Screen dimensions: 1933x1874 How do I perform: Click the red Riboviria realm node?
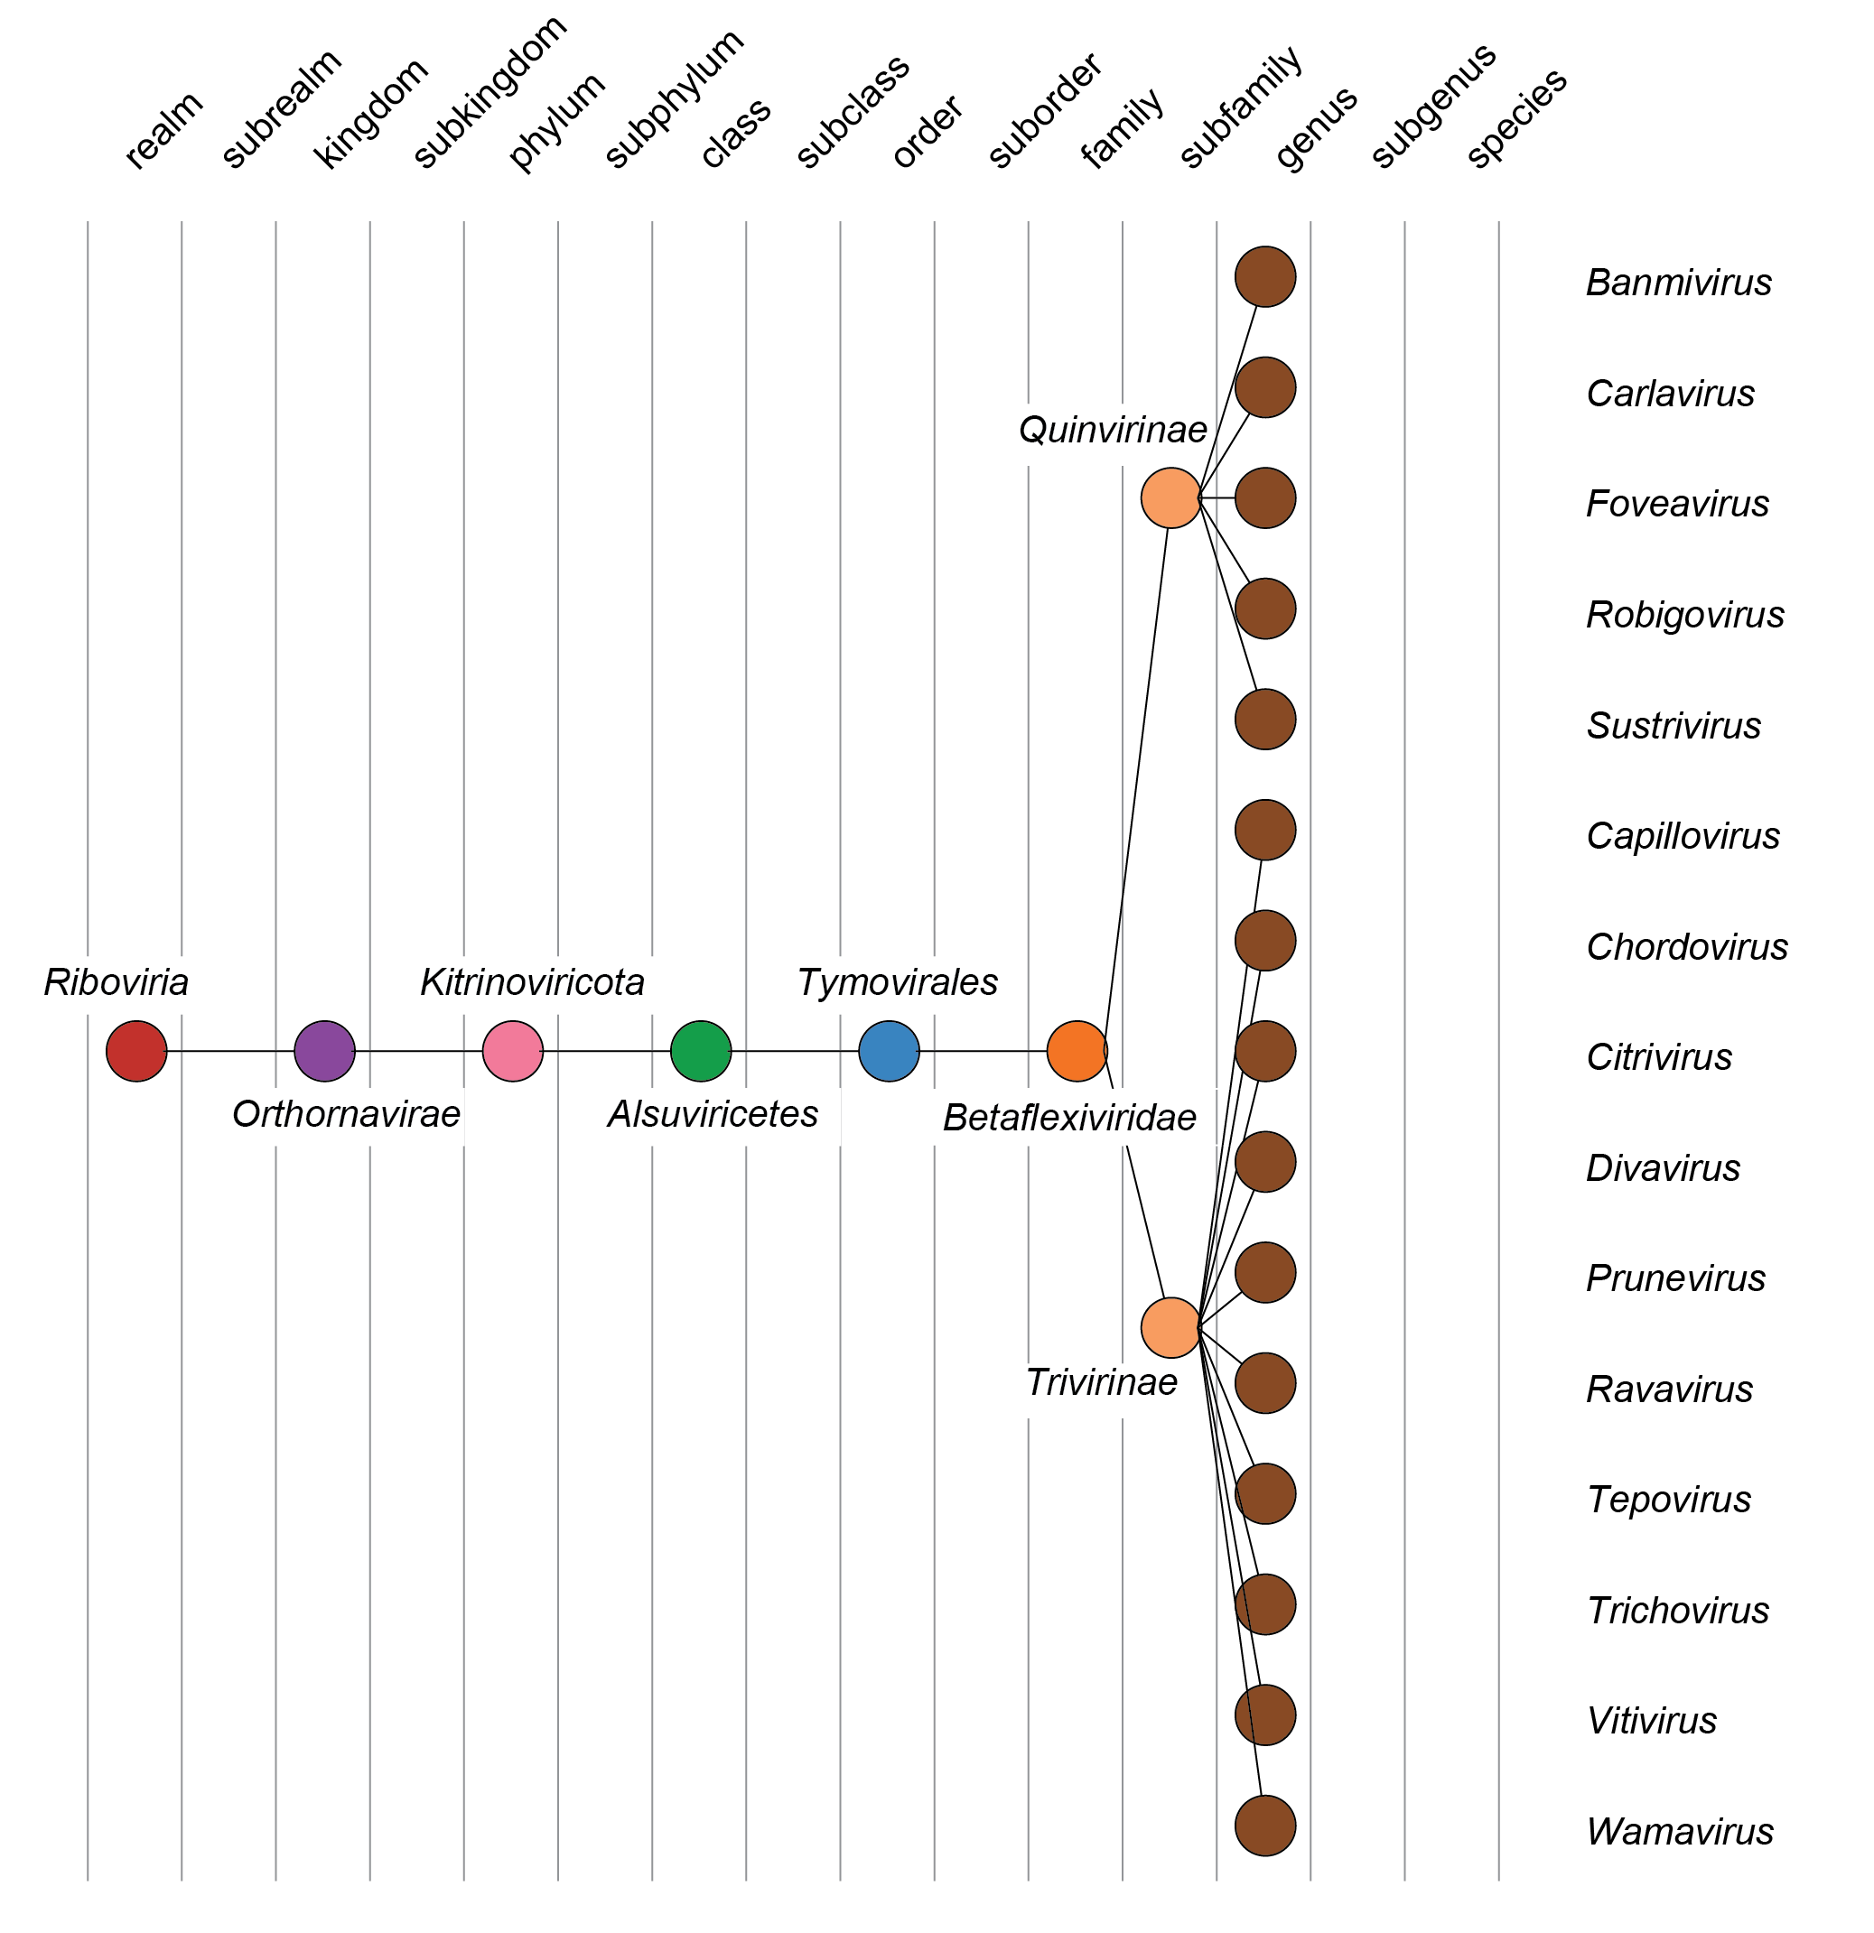[x=136, y=1051]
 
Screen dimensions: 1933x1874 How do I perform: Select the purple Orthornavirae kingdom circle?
[x=324, y=1051]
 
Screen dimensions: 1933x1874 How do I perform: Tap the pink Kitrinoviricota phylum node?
[x=513, y=1051]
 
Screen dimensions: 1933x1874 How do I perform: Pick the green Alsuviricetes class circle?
[x=701, y=1051]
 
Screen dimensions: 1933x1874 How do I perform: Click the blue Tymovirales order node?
[x=889, y=1051]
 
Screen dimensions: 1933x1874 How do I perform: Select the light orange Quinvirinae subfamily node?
[x=1170, y=498]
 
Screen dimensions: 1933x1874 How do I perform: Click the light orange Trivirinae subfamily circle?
[x=1170, y=1328]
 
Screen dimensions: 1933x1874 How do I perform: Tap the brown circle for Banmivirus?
[x=1265, y=277]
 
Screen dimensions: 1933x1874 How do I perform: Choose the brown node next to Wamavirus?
[x=1265, y=1826]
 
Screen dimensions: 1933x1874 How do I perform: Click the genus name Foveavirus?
[x=1677, y=504]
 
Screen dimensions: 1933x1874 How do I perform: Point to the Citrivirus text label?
[x=1659, y=1057]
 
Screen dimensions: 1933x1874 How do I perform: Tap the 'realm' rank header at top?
[x=163, y=130]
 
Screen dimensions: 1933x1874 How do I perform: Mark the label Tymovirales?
[x=898, y=982]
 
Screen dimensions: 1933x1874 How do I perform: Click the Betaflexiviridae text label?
[x=1069, y=1118]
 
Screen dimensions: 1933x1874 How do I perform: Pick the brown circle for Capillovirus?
[x=1265, y=831]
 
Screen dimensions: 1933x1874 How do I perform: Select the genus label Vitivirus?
[x=1651, y=1721]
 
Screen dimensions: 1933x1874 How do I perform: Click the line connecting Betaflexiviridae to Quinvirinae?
[x=1136, y=779]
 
